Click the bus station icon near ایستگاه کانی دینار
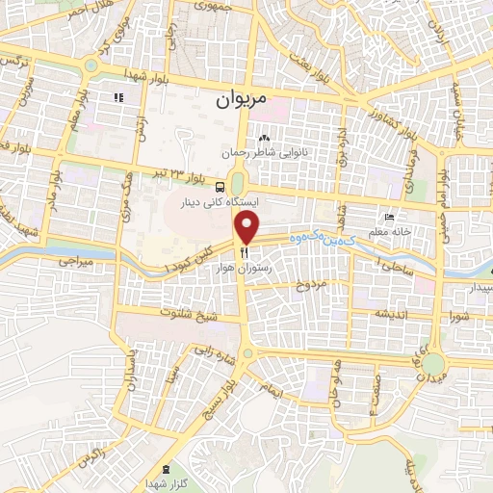222,187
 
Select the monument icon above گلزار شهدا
167,470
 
